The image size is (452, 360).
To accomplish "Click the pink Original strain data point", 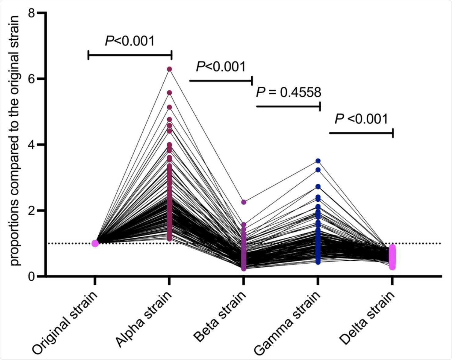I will point(95,243).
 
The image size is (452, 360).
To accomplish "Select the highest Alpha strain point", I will point(169,69).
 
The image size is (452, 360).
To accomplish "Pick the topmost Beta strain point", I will point(243,202).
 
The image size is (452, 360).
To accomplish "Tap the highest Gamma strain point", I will point(318,161).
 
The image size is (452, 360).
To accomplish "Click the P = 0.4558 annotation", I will point(289,92).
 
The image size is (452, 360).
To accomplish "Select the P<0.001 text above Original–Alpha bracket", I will point(130,41).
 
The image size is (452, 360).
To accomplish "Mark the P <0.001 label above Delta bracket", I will point(361,119).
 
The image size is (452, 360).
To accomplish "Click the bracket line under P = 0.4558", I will point(288,106).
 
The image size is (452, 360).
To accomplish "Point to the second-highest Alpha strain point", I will point(169,93).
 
